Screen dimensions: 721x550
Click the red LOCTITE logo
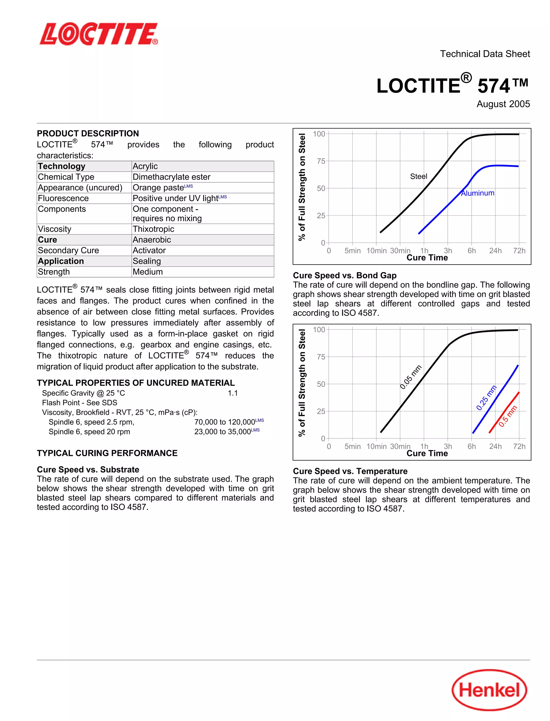coord(99,34)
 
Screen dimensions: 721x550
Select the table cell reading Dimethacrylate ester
coord(171,177)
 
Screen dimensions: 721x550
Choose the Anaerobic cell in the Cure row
coord(151,240)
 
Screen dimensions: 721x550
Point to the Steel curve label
coord(418,176)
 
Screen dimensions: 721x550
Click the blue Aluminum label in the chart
coord(478,193)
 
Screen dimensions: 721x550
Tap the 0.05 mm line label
coord(411,377)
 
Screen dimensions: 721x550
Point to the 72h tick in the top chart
coord(519,251)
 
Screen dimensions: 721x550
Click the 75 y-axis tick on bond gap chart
coord(321,357)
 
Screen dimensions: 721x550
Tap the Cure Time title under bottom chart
coord(427,453)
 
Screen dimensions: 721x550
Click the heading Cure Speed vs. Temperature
coord(350,471)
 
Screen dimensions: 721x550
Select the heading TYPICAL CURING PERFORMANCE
coord(107,453)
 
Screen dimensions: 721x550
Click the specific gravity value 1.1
coord(233,393)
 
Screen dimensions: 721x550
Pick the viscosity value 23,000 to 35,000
coord(223,432)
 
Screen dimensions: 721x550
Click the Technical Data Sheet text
coord(484,54)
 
